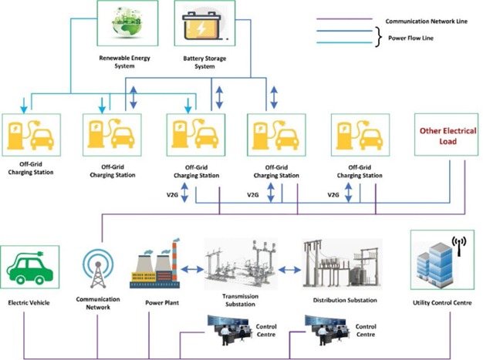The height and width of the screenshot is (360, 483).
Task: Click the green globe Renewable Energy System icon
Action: point(127,24)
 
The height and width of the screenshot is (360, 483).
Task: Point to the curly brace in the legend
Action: point(378,35)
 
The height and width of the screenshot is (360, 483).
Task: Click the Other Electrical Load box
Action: point(443,136)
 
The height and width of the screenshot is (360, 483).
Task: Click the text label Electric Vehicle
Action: point(29,304)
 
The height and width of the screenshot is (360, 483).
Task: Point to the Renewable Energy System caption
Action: point(127,62)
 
